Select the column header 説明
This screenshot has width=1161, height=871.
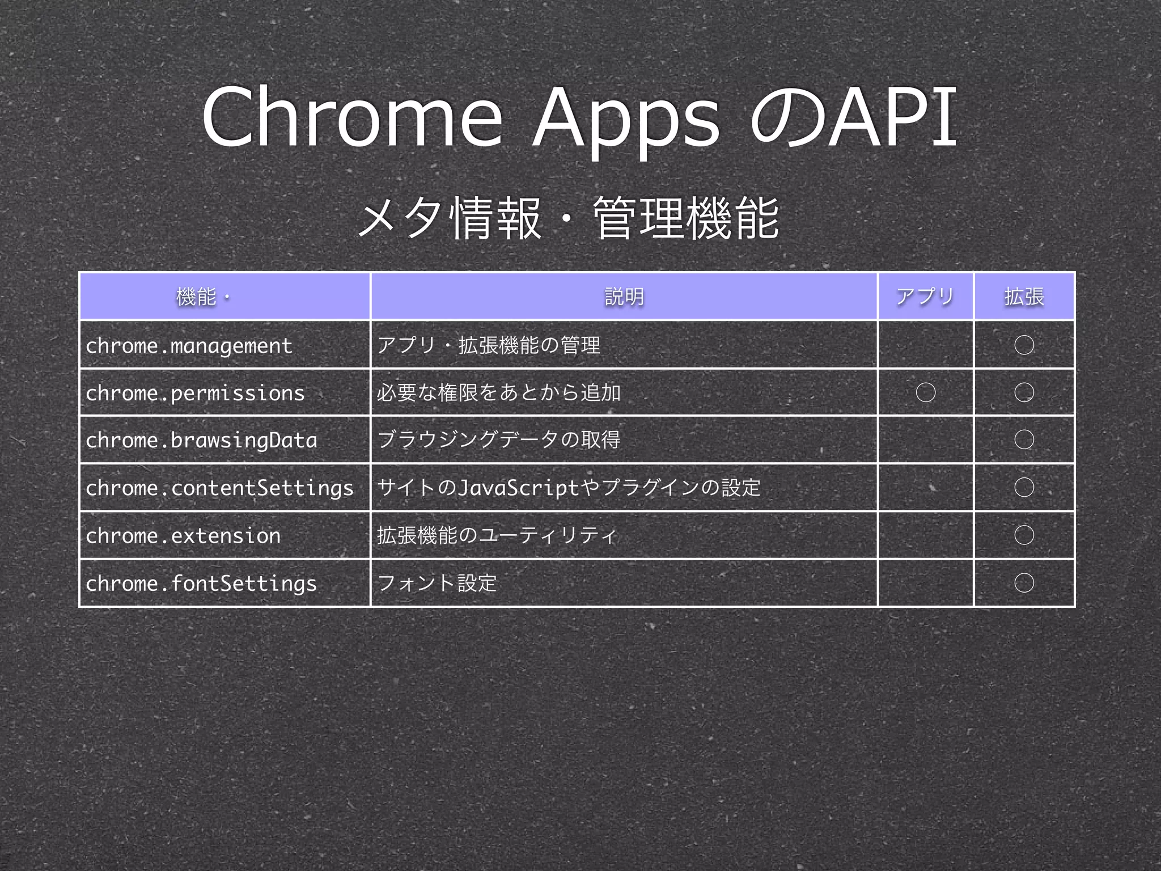click(x=624, y=297)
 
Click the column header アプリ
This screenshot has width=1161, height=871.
click(x=925, y=297)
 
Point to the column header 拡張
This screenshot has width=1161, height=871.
click(x=1024, y=297)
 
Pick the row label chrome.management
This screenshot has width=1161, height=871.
click(x=189, y=345)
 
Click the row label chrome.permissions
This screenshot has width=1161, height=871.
click(x=195, y=393)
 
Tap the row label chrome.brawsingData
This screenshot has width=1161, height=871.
click(x=201, y=440)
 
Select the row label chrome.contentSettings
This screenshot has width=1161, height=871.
click(x=219, y=488)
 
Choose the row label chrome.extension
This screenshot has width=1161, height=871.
click(x=183, y=535)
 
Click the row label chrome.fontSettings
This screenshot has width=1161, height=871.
click(x=201, y=583)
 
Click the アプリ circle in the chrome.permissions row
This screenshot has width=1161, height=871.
click(x=926, y=392)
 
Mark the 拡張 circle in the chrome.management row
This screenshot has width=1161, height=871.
click(x=1024, y=345)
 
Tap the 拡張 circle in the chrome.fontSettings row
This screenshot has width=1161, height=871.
click(x=1024, y=582)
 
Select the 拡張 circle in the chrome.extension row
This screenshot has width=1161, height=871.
click(x=1024, y=535)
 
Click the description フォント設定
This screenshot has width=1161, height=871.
click(x=437, y=583)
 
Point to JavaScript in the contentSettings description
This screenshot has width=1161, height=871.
click(x=518, y=488)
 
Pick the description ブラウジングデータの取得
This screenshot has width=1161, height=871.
click(x=498, y=440)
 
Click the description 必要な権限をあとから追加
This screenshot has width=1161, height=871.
click(x=498, y=392)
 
